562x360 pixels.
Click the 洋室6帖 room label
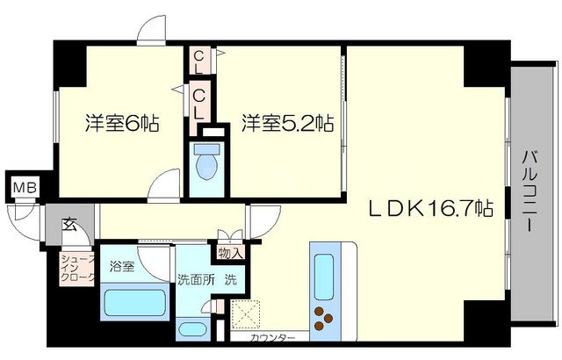[122, 123]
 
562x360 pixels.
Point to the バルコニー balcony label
[530, 189]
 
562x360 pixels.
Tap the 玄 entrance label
[68, 223]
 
